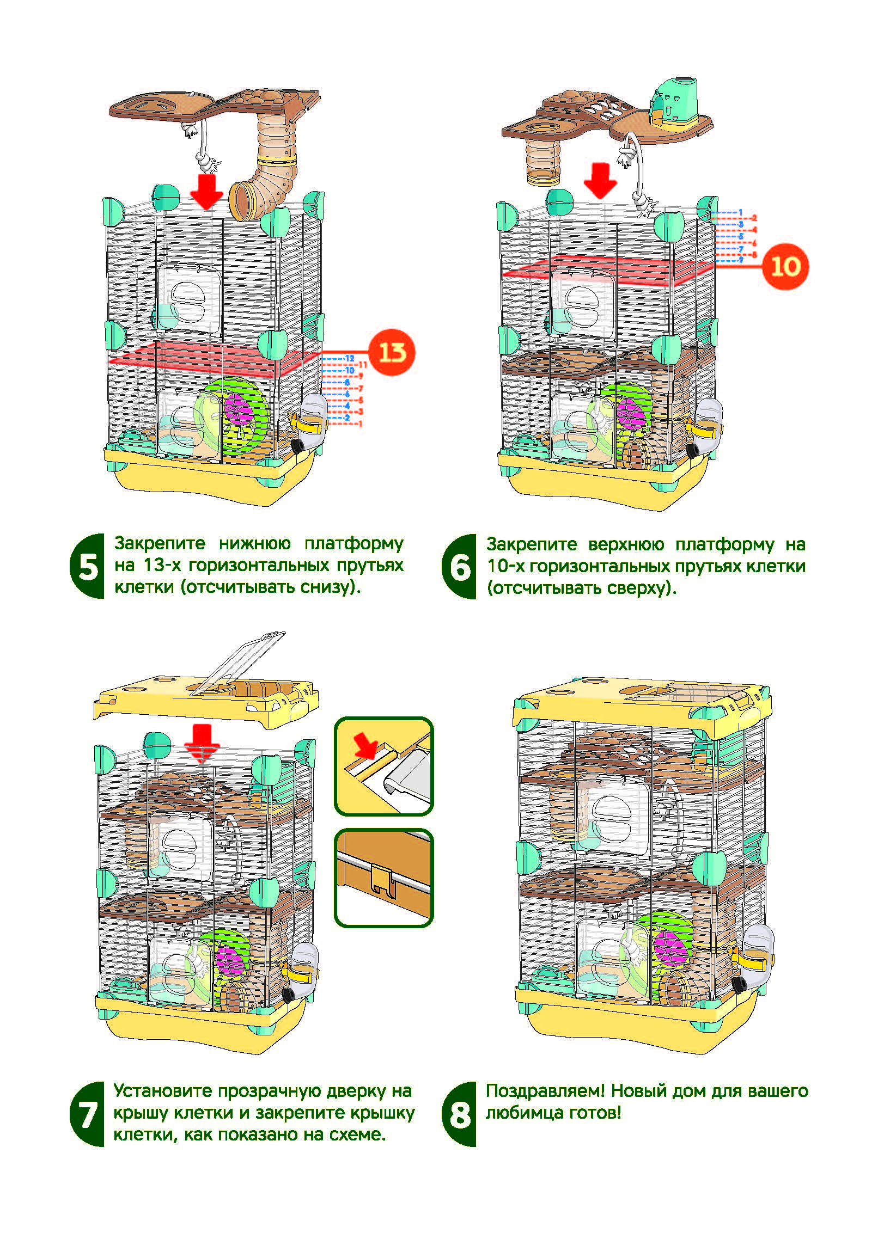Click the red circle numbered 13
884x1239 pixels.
tap(392, 352)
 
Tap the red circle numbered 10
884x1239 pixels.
tap(785, 266)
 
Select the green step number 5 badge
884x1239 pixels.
tap(88, 567)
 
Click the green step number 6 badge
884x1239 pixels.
tap(460, 567)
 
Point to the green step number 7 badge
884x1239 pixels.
tap(88, 1114)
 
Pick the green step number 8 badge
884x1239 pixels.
tap(460, 1114)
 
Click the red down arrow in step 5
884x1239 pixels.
tap(206, 191)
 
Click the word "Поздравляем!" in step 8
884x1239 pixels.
tap(545, 1091)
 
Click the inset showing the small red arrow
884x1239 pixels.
tap(383, 766)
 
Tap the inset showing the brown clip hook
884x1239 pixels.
tap(383, 878)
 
